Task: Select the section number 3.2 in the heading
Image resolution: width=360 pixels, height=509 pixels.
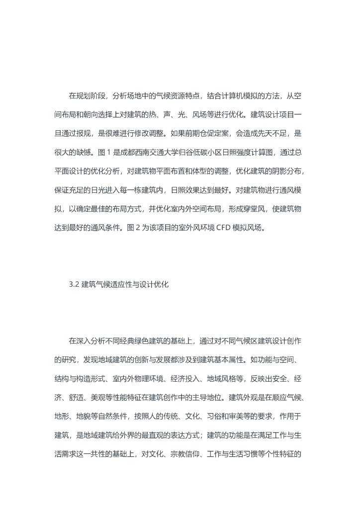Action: pos(74,285)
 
